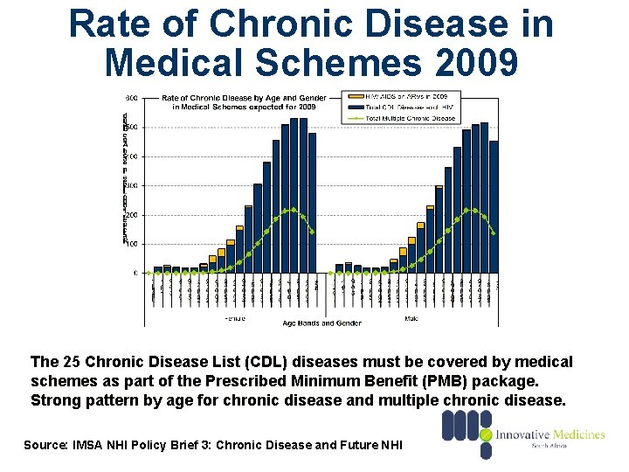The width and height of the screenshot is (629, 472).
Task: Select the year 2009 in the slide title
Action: coord(470,63)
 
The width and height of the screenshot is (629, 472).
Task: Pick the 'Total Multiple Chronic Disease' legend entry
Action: coord(411,119)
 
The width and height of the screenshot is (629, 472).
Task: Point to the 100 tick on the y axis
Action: coord(130,244)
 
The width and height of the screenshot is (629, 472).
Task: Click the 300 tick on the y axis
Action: coord(130,185)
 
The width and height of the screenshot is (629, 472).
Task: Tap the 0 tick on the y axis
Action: coord(135,273)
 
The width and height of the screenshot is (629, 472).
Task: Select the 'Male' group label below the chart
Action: coord(411,318)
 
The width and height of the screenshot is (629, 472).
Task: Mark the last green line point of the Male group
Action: coord(494,233)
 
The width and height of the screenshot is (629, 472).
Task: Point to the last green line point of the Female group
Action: coord(312,232)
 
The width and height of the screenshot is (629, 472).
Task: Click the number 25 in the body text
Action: coord(70,362)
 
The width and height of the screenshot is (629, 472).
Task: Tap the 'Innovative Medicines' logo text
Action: coord(550,434)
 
